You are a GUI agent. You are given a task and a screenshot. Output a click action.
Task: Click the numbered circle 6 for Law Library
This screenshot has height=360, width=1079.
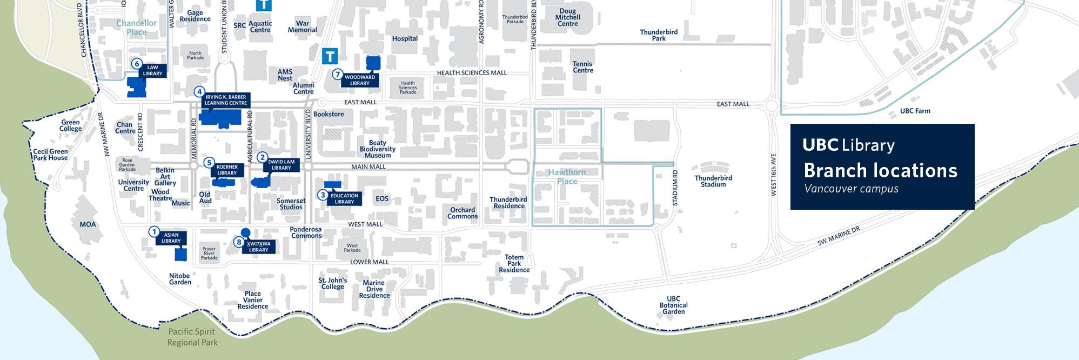(137, 64)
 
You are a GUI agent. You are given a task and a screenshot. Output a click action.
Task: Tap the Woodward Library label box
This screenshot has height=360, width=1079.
(360, 81)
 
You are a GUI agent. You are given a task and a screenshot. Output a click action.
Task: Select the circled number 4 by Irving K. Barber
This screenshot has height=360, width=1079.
(200, 92)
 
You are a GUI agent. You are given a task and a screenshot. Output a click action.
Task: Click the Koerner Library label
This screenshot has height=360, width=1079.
(227, 170)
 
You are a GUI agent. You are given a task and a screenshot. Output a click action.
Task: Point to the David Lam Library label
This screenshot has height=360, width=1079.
(281, 165)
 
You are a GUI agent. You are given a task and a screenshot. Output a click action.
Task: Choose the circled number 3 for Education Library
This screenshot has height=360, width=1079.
(323, 195)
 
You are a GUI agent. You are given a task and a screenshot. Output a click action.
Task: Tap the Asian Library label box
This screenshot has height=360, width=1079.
(171, 238)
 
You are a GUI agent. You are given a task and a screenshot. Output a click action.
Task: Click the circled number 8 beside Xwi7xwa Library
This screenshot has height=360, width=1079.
(239, 242)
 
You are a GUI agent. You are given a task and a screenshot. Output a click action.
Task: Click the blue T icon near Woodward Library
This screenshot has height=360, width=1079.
(330, 56)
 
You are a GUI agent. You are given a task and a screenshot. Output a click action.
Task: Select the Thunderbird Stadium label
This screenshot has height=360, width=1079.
(713, 181)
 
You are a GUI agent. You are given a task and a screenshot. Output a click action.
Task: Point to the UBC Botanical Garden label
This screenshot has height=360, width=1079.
(673, 305)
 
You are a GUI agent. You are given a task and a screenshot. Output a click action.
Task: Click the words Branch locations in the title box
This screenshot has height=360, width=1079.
(880, 171)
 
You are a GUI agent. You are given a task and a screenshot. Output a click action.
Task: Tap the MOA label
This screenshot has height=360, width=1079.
(88, 224)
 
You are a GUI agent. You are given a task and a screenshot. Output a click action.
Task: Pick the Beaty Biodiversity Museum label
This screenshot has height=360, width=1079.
(378, 149)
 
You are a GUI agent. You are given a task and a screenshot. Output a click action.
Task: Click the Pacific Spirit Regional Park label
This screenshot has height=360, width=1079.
(192, 337)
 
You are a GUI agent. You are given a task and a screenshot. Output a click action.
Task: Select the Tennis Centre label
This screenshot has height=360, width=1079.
(582, 67)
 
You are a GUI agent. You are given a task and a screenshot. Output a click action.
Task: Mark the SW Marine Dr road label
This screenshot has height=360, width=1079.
(838, 236)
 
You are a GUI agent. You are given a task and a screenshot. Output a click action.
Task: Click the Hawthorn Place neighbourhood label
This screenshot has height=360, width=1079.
(567, 177)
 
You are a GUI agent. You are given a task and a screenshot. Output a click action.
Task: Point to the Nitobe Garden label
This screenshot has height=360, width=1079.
(180, 279)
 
